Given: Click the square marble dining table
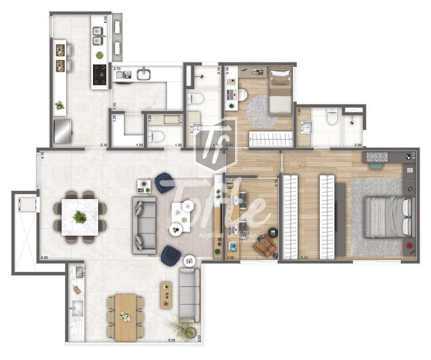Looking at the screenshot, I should click(80, 217).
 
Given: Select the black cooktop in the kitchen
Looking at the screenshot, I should click(100, 74).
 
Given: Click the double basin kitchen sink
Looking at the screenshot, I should click(98, 36).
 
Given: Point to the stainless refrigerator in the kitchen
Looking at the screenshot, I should click(62, 131).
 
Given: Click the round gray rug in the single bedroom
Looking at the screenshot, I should click(262, 111).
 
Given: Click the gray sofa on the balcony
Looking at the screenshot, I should click(189, 294).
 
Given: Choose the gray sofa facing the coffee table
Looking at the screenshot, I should click(144, 225).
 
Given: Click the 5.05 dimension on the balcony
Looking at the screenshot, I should click(172, 340).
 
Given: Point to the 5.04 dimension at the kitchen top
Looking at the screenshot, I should click(106, 19).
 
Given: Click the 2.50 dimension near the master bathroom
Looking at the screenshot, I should click(358, 145).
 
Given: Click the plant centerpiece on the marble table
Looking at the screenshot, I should click(80, 217).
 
